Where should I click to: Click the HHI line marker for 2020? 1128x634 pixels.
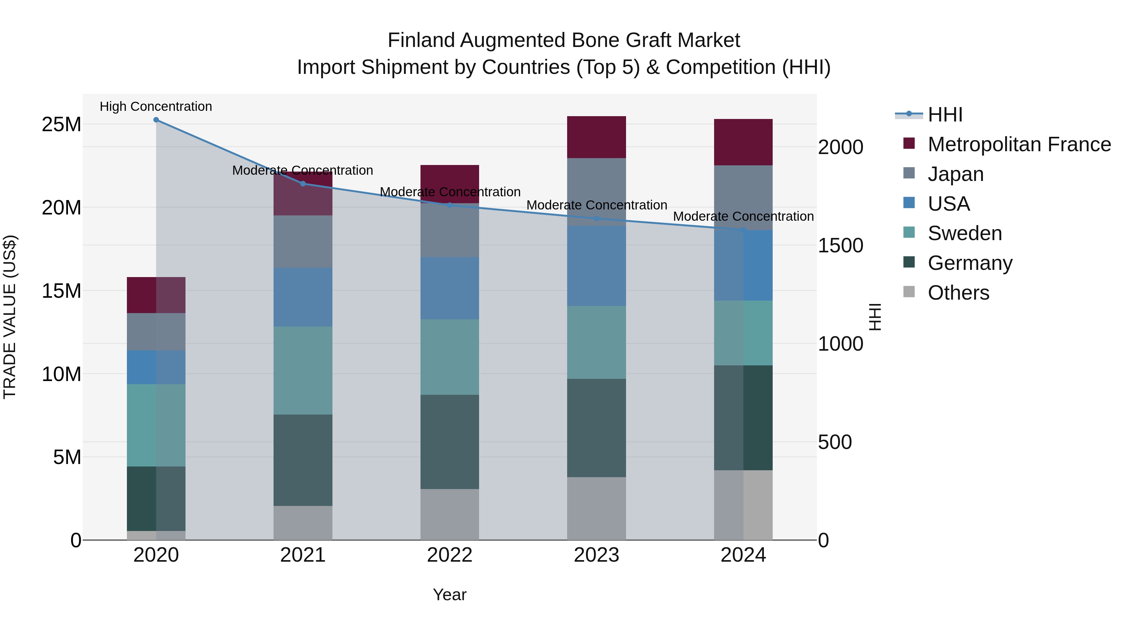pos(156,120)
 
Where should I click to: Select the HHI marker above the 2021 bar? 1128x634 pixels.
pos(303,184)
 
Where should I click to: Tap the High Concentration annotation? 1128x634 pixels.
pos(156,106)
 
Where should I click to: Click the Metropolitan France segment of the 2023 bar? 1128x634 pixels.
pos(596,137)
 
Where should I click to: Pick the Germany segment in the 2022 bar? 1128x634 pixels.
pos(450,442)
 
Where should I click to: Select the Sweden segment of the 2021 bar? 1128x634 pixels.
pos(303,371)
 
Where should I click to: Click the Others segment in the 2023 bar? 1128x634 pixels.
pos(596,508)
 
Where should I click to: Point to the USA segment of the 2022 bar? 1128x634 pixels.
pos(450,288)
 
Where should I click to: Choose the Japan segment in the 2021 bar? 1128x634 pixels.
pos(303,241)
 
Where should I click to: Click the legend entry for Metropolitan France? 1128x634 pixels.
pos(1019,144)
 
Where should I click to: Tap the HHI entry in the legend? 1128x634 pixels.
pos(945,115)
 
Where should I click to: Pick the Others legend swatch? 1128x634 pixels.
pos(909,292)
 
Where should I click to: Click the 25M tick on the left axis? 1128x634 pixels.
pos(61,125)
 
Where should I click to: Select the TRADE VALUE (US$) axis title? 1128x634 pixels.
pos(10,317)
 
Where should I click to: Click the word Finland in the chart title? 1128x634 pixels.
pos(421,40)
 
